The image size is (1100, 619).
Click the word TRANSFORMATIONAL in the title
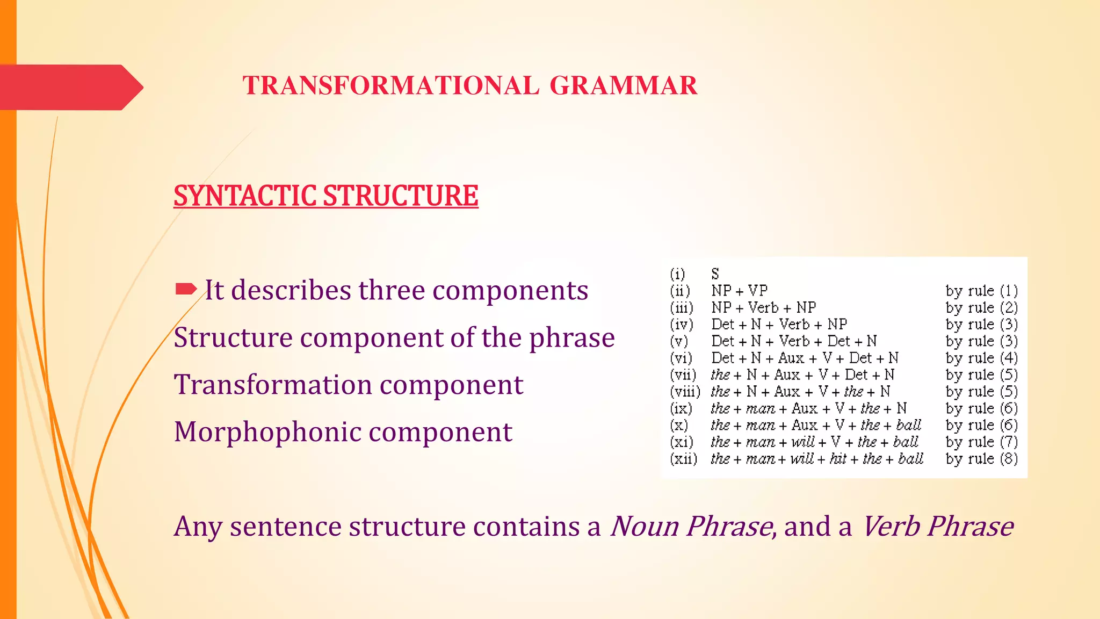[x=390, y=86]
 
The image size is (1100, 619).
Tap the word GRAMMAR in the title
[x=623, y=86]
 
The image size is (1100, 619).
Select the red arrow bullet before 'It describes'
[x=186, y=290]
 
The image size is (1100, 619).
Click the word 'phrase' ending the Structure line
[x=571, y=338]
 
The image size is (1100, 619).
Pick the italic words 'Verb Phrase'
[x=938, y=526]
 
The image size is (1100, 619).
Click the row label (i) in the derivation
[x=677, y=274]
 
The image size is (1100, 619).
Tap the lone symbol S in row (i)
[x=715, y=274]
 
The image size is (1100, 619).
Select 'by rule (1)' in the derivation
[x=981, y=291]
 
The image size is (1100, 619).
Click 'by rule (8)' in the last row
[x=981, y=459]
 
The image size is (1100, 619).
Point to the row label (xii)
[x=683, y=459]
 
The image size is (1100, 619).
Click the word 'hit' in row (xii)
[x=838, y=459]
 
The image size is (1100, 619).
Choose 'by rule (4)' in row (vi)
[x=981, y=358]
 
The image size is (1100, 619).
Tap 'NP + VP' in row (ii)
[x=739, y=291]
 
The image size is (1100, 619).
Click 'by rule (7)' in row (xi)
[x=981, y=442]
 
